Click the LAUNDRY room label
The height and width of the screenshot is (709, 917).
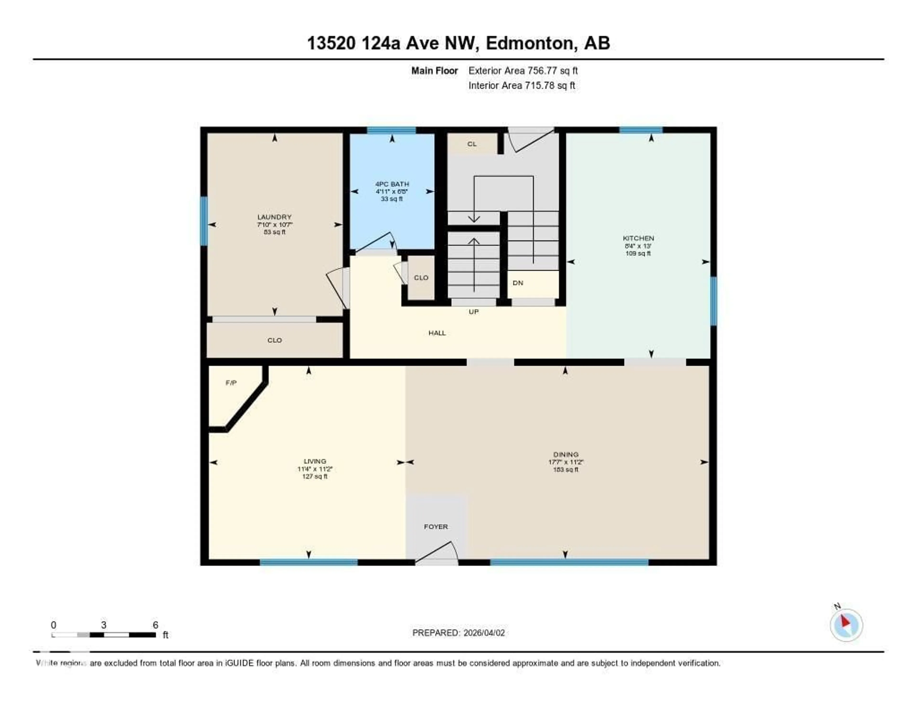pyautogui.click(x=274, y=217)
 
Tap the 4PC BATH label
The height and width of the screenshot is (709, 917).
pyautogui.click(x=392, y=184)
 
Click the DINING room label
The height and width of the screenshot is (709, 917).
pyautogui.click(x=565, y=454)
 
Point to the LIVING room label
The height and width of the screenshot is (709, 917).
pyautogui.click(x=315, y=461)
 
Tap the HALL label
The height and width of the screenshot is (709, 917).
pyautogui.click(x=437, y=333)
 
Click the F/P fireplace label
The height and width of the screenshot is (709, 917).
pyautogui.click(x=231, y=383)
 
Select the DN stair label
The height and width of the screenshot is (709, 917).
pyautogui.click(x=518, y=283)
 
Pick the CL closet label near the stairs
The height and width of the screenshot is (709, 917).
pyautogui.click(x=472, y=144)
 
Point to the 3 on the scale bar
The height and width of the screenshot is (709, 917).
pyautogui.click(x=103, y=625)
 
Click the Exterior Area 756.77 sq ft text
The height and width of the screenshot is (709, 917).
pyautogui.click(x=523, y=71)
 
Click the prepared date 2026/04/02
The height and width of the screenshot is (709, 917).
pyautogui.click(x=484, y=633)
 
